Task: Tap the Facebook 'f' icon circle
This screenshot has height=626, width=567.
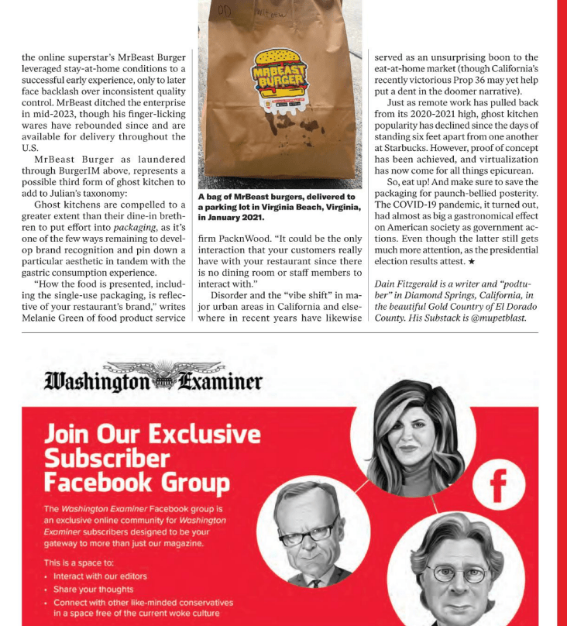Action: click(497, 485)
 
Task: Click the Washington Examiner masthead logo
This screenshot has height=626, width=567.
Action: click(153, 380)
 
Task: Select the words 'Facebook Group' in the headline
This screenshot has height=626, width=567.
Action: click(136, 483)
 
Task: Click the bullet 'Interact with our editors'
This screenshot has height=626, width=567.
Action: click(100, 576)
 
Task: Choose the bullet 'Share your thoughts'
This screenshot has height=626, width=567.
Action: click(93, 590)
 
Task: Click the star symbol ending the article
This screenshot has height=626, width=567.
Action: click(472, 262)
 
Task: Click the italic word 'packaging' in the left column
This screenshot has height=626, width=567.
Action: click(134, 228)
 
